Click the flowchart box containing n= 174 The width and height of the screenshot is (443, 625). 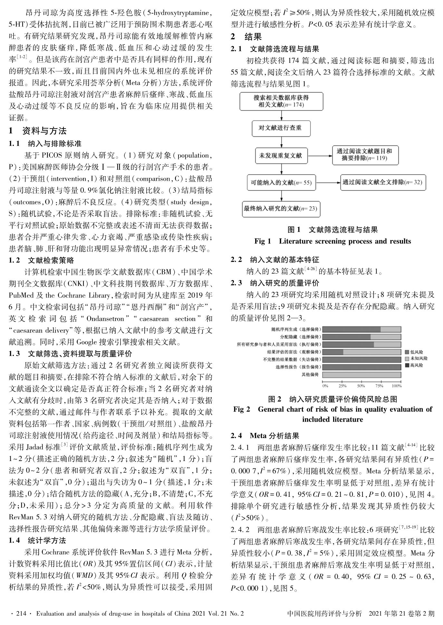[281, 101]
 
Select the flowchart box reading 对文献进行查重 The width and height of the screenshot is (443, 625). [281, 129]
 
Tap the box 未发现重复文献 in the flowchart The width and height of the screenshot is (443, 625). [281, 156]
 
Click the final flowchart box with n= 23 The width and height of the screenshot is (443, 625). [281, 208]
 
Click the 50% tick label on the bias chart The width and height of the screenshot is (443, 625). [361, 386]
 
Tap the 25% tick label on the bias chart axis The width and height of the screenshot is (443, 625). [342, 386]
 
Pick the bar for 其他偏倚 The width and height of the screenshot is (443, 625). [362, 375]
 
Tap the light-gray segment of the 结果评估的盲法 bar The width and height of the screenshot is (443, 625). [372, 352]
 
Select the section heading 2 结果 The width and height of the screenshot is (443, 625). [246, 37]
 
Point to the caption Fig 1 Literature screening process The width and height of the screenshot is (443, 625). [332, 241]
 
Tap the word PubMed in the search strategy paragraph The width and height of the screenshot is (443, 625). [20, 295]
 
